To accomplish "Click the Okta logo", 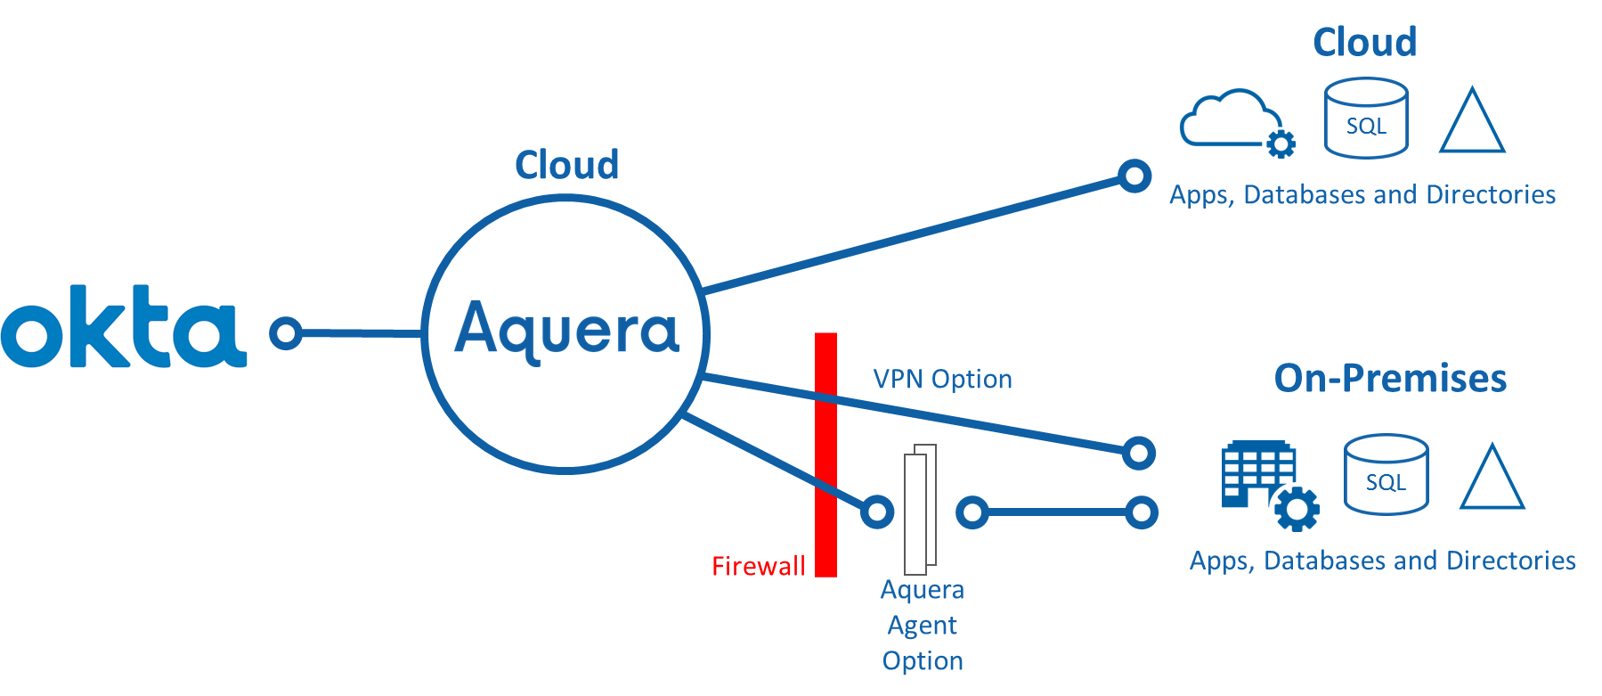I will pos(124,326).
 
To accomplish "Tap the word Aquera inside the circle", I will pos(567,331).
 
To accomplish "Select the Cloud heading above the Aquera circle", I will pos(567,165).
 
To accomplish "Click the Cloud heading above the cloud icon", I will pos(1365,42).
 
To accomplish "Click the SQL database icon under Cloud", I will pos(1366,119).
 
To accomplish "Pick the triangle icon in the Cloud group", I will pos(1472,123).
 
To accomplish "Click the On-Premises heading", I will pos(1390,378).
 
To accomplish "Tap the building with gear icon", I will pos(1268,484).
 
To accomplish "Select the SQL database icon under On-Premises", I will pos(1386,475).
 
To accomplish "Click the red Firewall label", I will pos(759,566).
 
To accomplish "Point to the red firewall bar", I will pos(826,454).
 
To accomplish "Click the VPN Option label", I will pos(942,380).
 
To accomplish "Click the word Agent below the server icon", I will pos(923,626).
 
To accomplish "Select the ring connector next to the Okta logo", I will pos(286,333).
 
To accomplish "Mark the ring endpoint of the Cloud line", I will pos(1134,176).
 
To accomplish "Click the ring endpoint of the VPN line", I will pos(1139,453).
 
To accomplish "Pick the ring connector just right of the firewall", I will pos(876,512).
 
